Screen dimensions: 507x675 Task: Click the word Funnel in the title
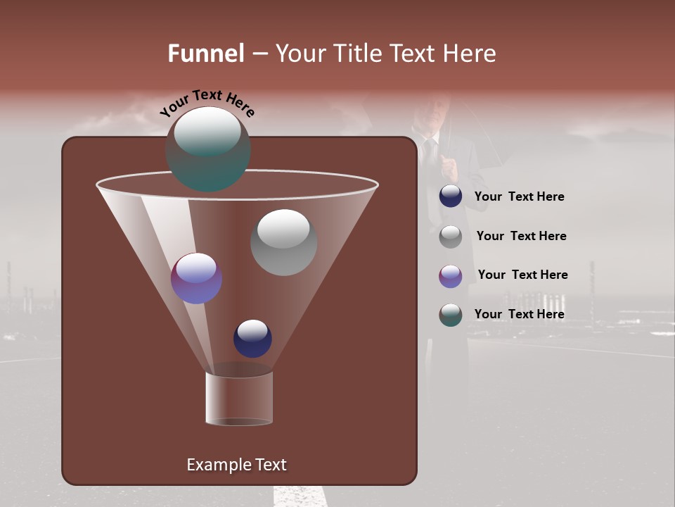206,54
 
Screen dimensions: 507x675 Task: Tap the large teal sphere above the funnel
208,149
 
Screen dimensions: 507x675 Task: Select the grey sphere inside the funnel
283,242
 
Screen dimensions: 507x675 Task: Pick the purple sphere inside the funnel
197,278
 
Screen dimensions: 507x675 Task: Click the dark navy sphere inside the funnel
252,338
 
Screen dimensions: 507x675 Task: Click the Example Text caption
236,465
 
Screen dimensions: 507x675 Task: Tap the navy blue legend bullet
451,196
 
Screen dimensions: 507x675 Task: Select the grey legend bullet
451,236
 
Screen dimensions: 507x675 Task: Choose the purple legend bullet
451,275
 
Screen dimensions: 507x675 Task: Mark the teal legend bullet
451,315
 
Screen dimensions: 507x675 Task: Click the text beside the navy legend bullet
519,197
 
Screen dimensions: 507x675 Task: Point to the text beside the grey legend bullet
521,237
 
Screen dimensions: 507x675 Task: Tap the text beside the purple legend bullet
522,275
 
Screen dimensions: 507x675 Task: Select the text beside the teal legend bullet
519,314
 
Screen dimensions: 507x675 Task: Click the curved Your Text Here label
207,102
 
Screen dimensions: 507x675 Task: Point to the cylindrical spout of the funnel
239,398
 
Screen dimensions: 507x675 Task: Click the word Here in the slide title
470,54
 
